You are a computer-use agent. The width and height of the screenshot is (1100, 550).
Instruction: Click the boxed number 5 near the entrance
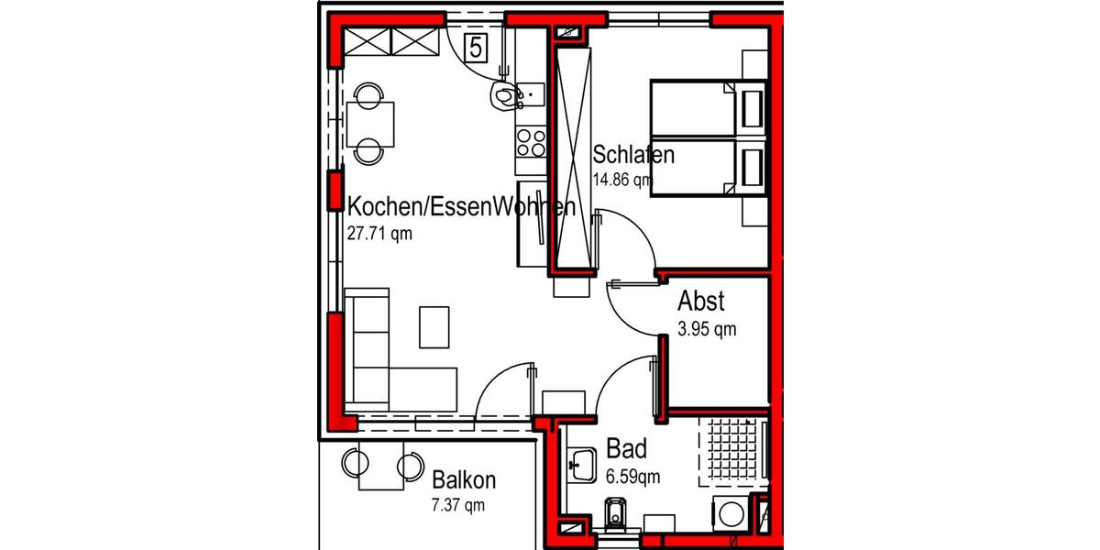click(478, 46)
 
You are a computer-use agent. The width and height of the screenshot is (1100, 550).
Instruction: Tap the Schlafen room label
click(633, 154)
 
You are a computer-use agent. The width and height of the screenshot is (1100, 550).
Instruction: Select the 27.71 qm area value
click(379, 233)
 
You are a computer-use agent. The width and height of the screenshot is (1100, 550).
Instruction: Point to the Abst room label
click(701, 301)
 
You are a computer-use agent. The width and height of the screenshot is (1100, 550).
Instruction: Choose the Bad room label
click(627, 449)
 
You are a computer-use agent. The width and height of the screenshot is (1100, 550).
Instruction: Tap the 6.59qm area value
click(633, 476)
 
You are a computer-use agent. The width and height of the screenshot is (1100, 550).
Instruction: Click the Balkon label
click(464, 479)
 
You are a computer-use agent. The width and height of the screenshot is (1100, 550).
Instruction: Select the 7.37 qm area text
click(458, 504)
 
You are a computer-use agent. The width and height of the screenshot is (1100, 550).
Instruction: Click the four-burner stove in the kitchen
click(531, 142)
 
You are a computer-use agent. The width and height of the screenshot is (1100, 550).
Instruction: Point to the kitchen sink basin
click(531, 92)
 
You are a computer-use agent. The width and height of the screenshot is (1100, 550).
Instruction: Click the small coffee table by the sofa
click(434, 327)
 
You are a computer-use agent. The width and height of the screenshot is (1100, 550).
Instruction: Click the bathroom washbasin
click(581, 466)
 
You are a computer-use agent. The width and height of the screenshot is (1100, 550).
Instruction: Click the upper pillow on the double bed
click(753, 107)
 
